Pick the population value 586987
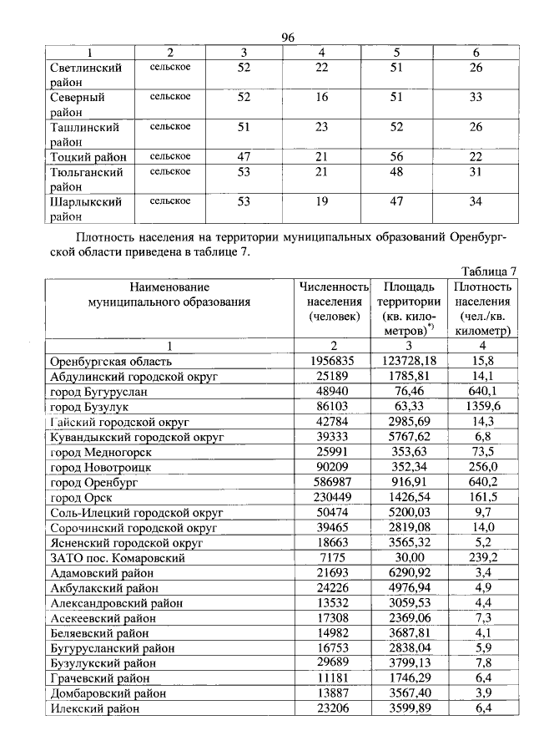pos(333,482)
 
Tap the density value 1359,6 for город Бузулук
pos(482,407)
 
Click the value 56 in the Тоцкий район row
pos(396,156)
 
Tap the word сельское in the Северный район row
pos(170,97)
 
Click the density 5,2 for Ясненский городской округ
pos(484,542)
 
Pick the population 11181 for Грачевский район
pos(333,677)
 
